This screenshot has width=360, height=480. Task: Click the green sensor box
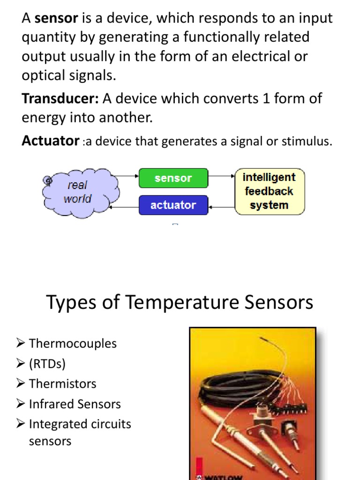tap(173, 178)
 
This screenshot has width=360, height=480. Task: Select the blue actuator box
tap(173, 205)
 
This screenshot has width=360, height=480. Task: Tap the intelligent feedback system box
tap(269, 191)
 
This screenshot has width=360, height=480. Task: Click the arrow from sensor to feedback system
tap(221, 177)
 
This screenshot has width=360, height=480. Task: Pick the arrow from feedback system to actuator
tap(221, 206)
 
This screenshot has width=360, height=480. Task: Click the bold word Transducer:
tap(60, 99)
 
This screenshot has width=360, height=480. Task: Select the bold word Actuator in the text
tap(50, 141)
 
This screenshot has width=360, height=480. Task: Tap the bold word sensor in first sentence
tap(56, 18)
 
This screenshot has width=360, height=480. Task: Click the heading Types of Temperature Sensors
tap(180, 302)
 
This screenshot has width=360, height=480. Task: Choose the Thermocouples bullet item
tap(72, 343)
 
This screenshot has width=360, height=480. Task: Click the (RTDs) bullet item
tap(47, 364)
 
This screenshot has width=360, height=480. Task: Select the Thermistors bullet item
tap(62, 383)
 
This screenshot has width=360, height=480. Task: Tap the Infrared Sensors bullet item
tap(75, 404)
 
